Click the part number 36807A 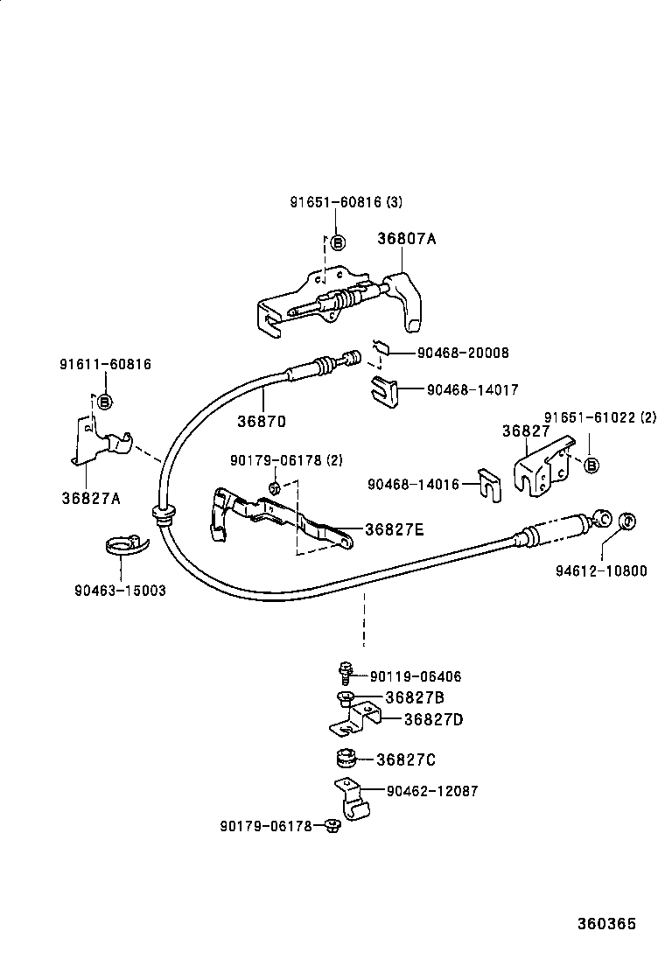click(406, 238)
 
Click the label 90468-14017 click(473, 390)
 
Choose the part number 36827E click(394, 529)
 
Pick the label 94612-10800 click(601, 571)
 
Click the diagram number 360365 click(605, 924)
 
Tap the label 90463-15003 click(120, 591)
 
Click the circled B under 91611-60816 click(104, 402)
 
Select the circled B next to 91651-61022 click(591, 465)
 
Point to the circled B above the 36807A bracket click(338, 242)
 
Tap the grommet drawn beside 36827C click(346, 758)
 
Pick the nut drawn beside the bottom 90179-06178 click(332, 825)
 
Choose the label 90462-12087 click(432, 791)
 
